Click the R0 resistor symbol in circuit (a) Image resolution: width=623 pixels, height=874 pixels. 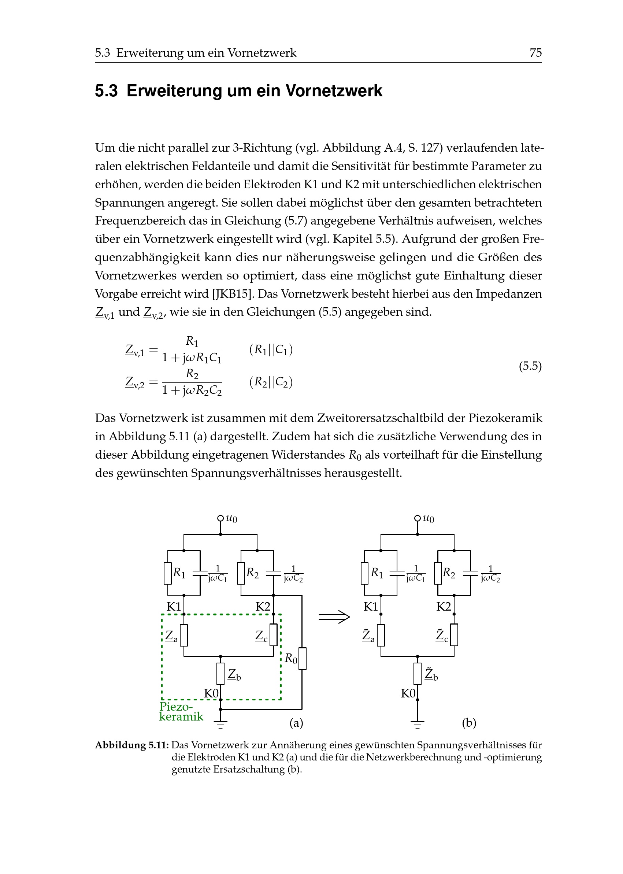(x=302, y=658)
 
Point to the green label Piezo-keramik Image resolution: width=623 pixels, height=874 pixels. (x=181, y=712)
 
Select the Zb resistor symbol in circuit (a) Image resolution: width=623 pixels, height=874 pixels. (x=220, y=674)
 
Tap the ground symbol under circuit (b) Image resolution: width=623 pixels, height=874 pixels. (x=418, y=725)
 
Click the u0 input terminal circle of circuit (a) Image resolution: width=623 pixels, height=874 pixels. (x=220, y=518)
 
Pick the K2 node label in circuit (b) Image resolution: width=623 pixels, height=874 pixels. (x=444, y=607)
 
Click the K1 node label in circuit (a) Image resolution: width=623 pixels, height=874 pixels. (x=174, y=607)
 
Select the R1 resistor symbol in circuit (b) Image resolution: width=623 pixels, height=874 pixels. (x=365, y=573)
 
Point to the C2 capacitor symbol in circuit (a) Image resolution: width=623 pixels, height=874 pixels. (x=273, y=573)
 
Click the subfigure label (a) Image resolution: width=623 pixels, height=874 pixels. (x=296, y=723)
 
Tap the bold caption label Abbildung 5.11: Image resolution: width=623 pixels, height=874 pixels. (x=131, y=745)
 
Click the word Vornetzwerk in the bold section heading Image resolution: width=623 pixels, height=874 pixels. (x=334, y=91)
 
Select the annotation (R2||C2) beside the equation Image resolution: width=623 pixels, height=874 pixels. (x=271, y=382)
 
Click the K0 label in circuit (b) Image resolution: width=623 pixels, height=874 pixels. (x=408, y=693)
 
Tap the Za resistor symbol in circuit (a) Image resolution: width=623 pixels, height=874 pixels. (x=184, y=636)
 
